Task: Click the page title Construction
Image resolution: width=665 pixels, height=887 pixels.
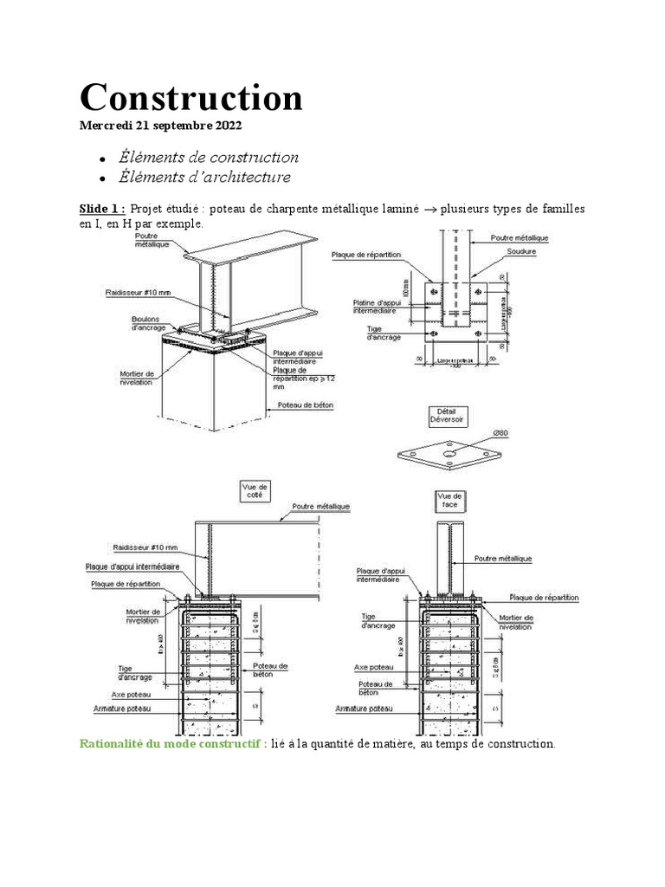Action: [x=191, y=98]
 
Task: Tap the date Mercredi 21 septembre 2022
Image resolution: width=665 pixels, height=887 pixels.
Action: [x=161, y=126]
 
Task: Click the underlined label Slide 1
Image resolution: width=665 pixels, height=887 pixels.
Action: [x=102, y=209]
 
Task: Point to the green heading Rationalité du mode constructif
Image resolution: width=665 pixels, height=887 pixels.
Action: [x=172, y=743]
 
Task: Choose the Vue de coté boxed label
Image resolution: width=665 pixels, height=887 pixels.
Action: [x=255, y=492]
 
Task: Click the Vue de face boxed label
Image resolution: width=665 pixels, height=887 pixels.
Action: [x=451, y=500]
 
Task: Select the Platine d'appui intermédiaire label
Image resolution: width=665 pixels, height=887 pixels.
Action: [x=375, y=306]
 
